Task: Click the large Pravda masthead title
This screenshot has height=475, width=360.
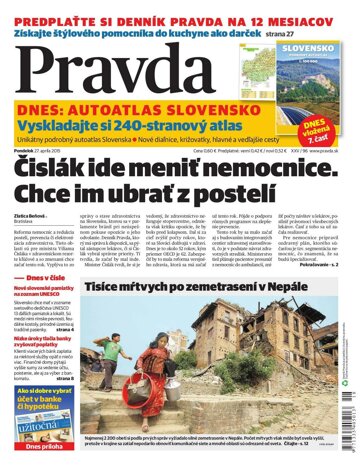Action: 120,70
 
